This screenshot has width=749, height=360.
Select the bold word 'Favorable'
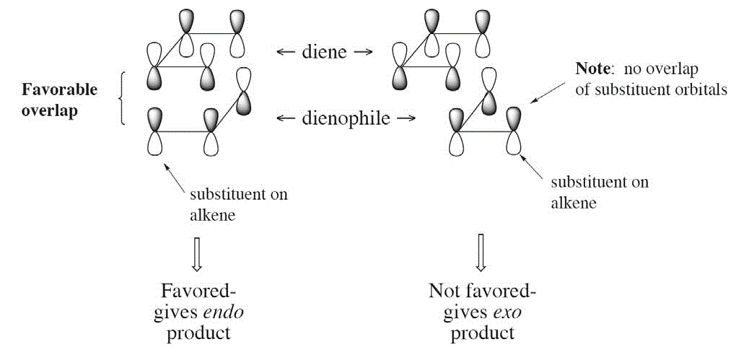59,89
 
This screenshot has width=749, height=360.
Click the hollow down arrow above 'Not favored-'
482,253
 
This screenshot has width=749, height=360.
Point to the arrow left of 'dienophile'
287,118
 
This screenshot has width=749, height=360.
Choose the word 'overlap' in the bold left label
50,112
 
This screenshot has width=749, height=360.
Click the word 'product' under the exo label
481,333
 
